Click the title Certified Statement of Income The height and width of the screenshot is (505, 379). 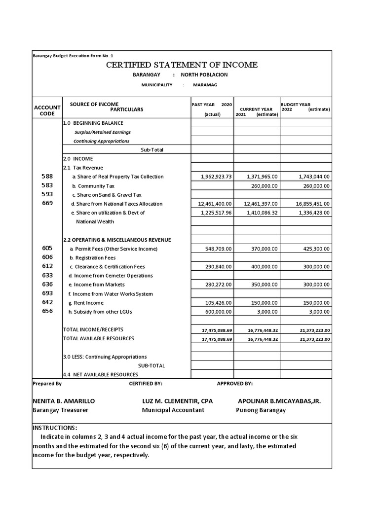click(x=182, y=65)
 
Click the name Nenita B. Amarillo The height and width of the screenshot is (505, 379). click(x=64, y=401)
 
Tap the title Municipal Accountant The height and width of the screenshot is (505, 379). click(x=173, y=410)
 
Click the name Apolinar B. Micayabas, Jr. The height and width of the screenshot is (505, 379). click(x=279, y=401)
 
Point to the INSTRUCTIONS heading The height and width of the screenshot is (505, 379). click(x=55, y=428)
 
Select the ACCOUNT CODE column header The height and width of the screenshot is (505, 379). click(x=47, y=110)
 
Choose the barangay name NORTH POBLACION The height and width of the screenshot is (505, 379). click(x=204, y=74)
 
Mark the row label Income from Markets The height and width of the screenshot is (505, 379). click(x=98, y=285)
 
